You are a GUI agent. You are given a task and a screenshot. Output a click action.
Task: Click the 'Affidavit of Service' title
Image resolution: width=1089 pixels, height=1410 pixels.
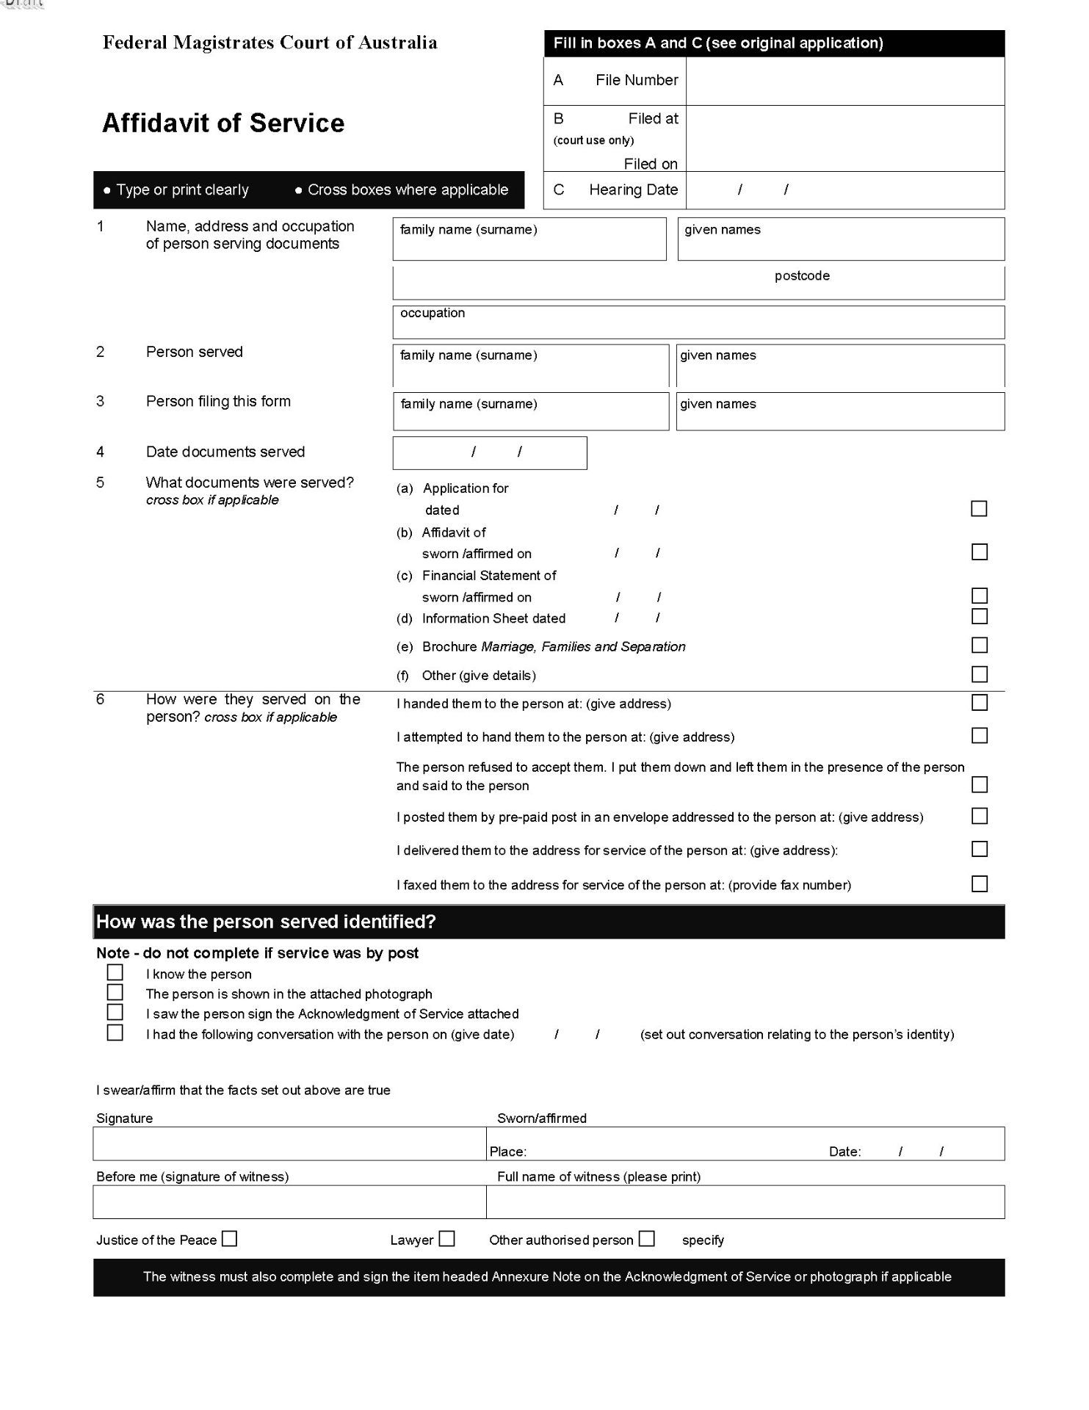coord(223,123)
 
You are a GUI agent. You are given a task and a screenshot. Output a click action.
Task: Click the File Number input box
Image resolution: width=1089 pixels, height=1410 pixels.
coord(844,81)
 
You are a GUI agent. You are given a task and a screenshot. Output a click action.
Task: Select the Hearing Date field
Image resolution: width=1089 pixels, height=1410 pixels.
coord(844,190)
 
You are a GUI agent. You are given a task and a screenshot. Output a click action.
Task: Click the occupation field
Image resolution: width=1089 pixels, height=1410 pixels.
coord(698,323)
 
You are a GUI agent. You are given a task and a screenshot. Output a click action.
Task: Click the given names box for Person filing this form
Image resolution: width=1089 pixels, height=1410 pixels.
coord(839,411)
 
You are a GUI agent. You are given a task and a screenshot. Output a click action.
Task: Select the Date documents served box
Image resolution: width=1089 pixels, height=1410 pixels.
coord(490,453)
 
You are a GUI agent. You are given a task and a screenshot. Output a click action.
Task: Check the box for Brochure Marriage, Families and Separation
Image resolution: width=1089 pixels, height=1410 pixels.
coord(979,646)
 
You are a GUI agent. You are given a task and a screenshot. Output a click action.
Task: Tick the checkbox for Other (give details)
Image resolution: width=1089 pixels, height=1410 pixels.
coord(979,674)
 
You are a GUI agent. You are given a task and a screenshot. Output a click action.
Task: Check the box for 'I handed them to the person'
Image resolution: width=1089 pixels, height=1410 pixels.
coord(979,703)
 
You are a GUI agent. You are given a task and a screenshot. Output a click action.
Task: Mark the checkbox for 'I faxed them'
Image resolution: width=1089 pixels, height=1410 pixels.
coord(979,883)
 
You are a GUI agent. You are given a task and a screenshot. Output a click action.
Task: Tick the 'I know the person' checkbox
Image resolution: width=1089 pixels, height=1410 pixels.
coord(115,972)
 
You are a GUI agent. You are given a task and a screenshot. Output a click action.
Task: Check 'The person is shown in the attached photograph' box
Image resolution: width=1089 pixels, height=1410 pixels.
coord(115,992)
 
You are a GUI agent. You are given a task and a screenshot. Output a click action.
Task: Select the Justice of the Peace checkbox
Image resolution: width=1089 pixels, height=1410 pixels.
coord(230,1239)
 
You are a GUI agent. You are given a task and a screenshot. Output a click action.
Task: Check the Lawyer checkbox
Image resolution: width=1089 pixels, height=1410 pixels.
coord(447,1239)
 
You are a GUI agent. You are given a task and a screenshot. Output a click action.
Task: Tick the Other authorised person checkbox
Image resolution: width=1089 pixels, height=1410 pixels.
coord(646,1239)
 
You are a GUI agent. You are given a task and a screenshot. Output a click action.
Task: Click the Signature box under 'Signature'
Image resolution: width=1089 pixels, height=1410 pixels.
coord(289,1144)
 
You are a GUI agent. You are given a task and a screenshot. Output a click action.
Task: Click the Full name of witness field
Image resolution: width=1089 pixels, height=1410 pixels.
coord(745,1202)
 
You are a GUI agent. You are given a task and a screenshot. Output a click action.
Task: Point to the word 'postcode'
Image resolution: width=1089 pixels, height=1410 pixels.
coord(802,276)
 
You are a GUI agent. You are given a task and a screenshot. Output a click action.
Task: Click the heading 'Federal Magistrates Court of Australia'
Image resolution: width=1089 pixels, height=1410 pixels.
coord(269,43)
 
